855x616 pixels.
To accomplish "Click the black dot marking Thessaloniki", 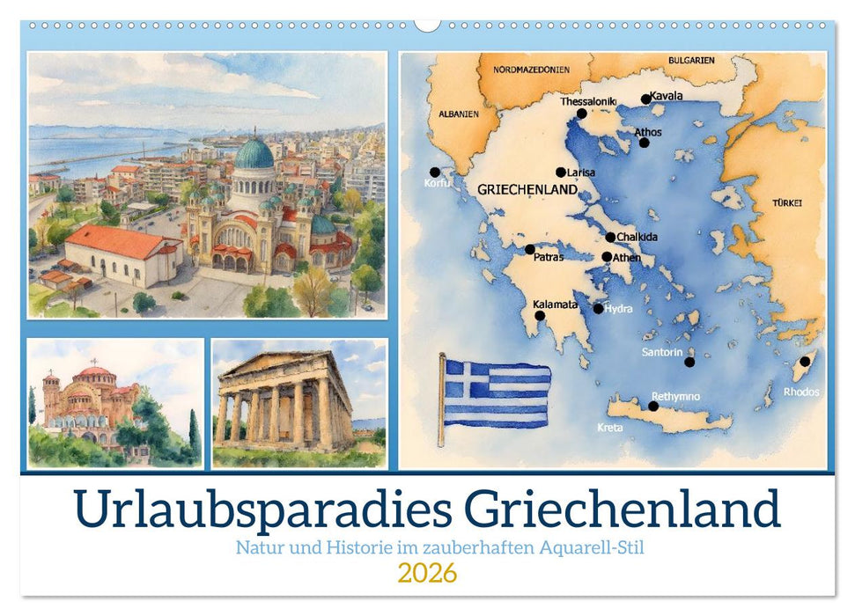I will pyautogui.click(x=581, y=114).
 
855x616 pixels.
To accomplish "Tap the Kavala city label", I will pyautogui.click(x=666, y=96).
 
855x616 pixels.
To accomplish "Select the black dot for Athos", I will pyautogui.click(x=644, y=143).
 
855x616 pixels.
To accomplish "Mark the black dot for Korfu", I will pyautogui.click(x=434, y=172).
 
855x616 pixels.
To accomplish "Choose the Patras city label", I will pyautogui.click(x=549, y=257).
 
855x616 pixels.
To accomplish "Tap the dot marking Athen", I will pyautogui.click(x=607, y=257).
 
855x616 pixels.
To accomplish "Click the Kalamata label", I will pyautogui.click(x=555, y=304).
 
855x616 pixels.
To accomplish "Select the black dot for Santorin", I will pyautogui.click(x=689, y=362).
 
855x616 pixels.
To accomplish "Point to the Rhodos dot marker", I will pyautogui.click(x=805, y=362).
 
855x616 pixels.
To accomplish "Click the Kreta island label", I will pyautogui.click(x=610, y=428).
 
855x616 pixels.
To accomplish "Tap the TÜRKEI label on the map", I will pyautogui.click(x=787, y=202).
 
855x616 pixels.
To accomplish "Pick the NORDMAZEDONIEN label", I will pyautogui.click(x=530, y=69).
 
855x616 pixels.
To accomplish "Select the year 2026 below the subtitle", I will pyautogui.click(x=427, y=574).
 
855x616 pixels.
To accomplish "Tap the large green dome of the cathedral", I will pyautogui.click(x=254, y=154).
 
